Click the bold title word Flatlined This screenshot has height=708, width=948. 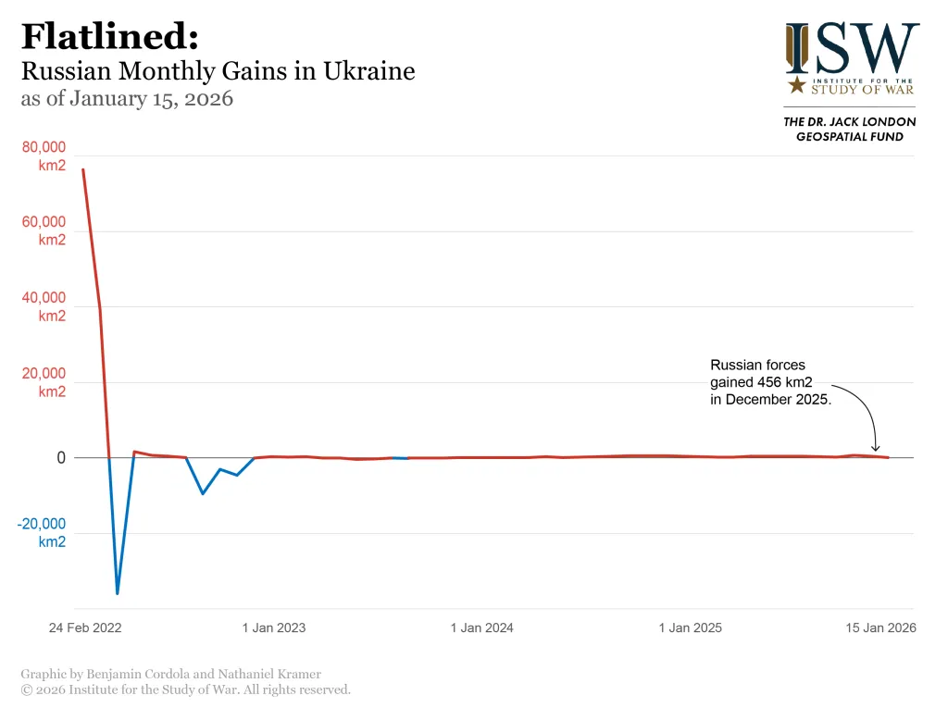[x=108, y=37]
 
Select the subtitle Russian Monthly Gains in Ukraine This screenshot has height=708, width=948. [x=218, y=71]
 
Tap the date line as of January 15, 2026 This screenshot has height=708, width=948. [x=127, y=99]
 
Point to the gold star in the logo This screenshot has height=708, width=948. [x=796, y=86]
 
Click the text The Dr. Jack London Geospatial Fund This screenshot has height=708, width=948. [x=850, y=130]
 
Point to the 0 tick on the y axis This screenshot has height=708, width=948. [x=61, y=458]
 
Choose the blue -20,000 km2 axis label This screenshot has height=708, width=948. [x=42, y=533]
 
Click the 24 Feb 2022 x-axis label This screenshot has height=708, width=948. [x=85, y=627]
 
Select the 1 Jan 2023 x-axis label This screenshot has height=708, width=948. [x=274, y=627]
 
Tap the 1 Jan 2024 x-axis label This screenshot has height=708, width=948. [x=481, y=627]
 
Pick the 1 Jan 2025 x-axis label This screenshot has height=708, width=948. [x=690, y=627]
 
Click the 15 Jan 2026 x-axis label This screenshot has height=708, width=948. [x=880, y=627]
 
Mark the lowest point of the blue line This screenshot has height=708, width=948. [x=118, y=593]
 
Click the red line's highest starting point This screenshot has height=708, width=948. [x=83, y=169]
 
